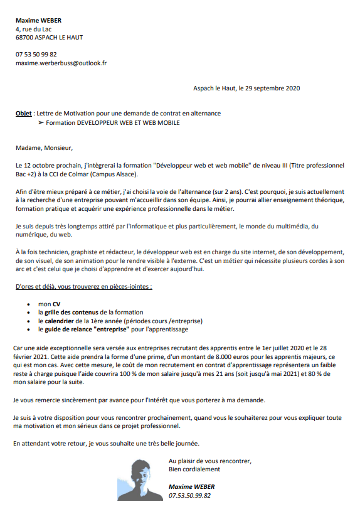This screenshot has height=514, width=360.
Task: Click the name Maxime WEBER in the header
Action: click(39, 20)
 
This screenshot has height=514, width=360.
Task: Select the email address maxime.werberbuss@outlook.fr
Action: click(61, 63)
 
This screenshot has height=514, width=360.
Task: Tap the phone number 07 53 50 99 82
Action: click(36, 55)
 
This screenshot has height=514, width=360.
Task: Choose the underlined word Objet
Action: click(24, 113)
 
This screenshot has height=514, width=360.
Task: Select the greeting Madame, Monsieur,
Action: click(44, 149)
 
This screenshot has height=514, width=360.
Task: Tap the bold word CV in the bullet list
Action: click(56, 303)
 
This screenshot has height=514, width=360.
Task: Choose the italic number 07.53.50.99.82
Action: click(190, 495)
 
